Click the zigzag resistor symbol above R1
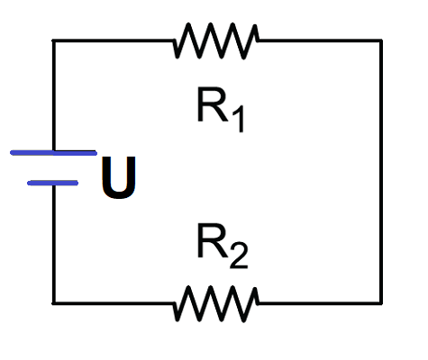[x=215, y=40]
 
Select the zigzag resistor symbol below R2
[x=215, y=303]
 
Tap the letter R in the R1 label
[x=212, y=104]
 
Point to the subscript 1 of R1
[x=239, y=119]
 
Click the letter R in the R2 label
[x=212, y=240]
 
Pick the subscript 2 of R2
[x=239, y=255]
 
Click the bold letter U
[x=119, y=177]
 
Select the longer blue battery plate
[x=53, y=153]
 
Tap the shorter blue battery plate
[x=53, y=183]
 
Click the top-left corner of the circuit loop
[x=53, y=40]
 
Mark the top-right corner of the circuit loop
[x=381, y=40]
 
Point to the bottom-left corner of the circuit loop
[x=53, y=303]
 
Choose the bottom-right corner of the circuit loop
[x=381, y=303]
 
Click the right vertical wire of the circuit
[x=381, y=172]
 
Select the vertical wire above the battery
[x=53, y=95]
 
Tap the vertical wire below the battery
[x=53, y=244]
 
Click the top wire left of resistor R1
[x=114, y=40]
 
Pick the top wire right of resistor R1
[x=320, y=40]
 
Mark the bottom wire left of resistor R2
[x=114, y=303]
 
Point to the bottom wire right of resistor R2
[x=320, y=303]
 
